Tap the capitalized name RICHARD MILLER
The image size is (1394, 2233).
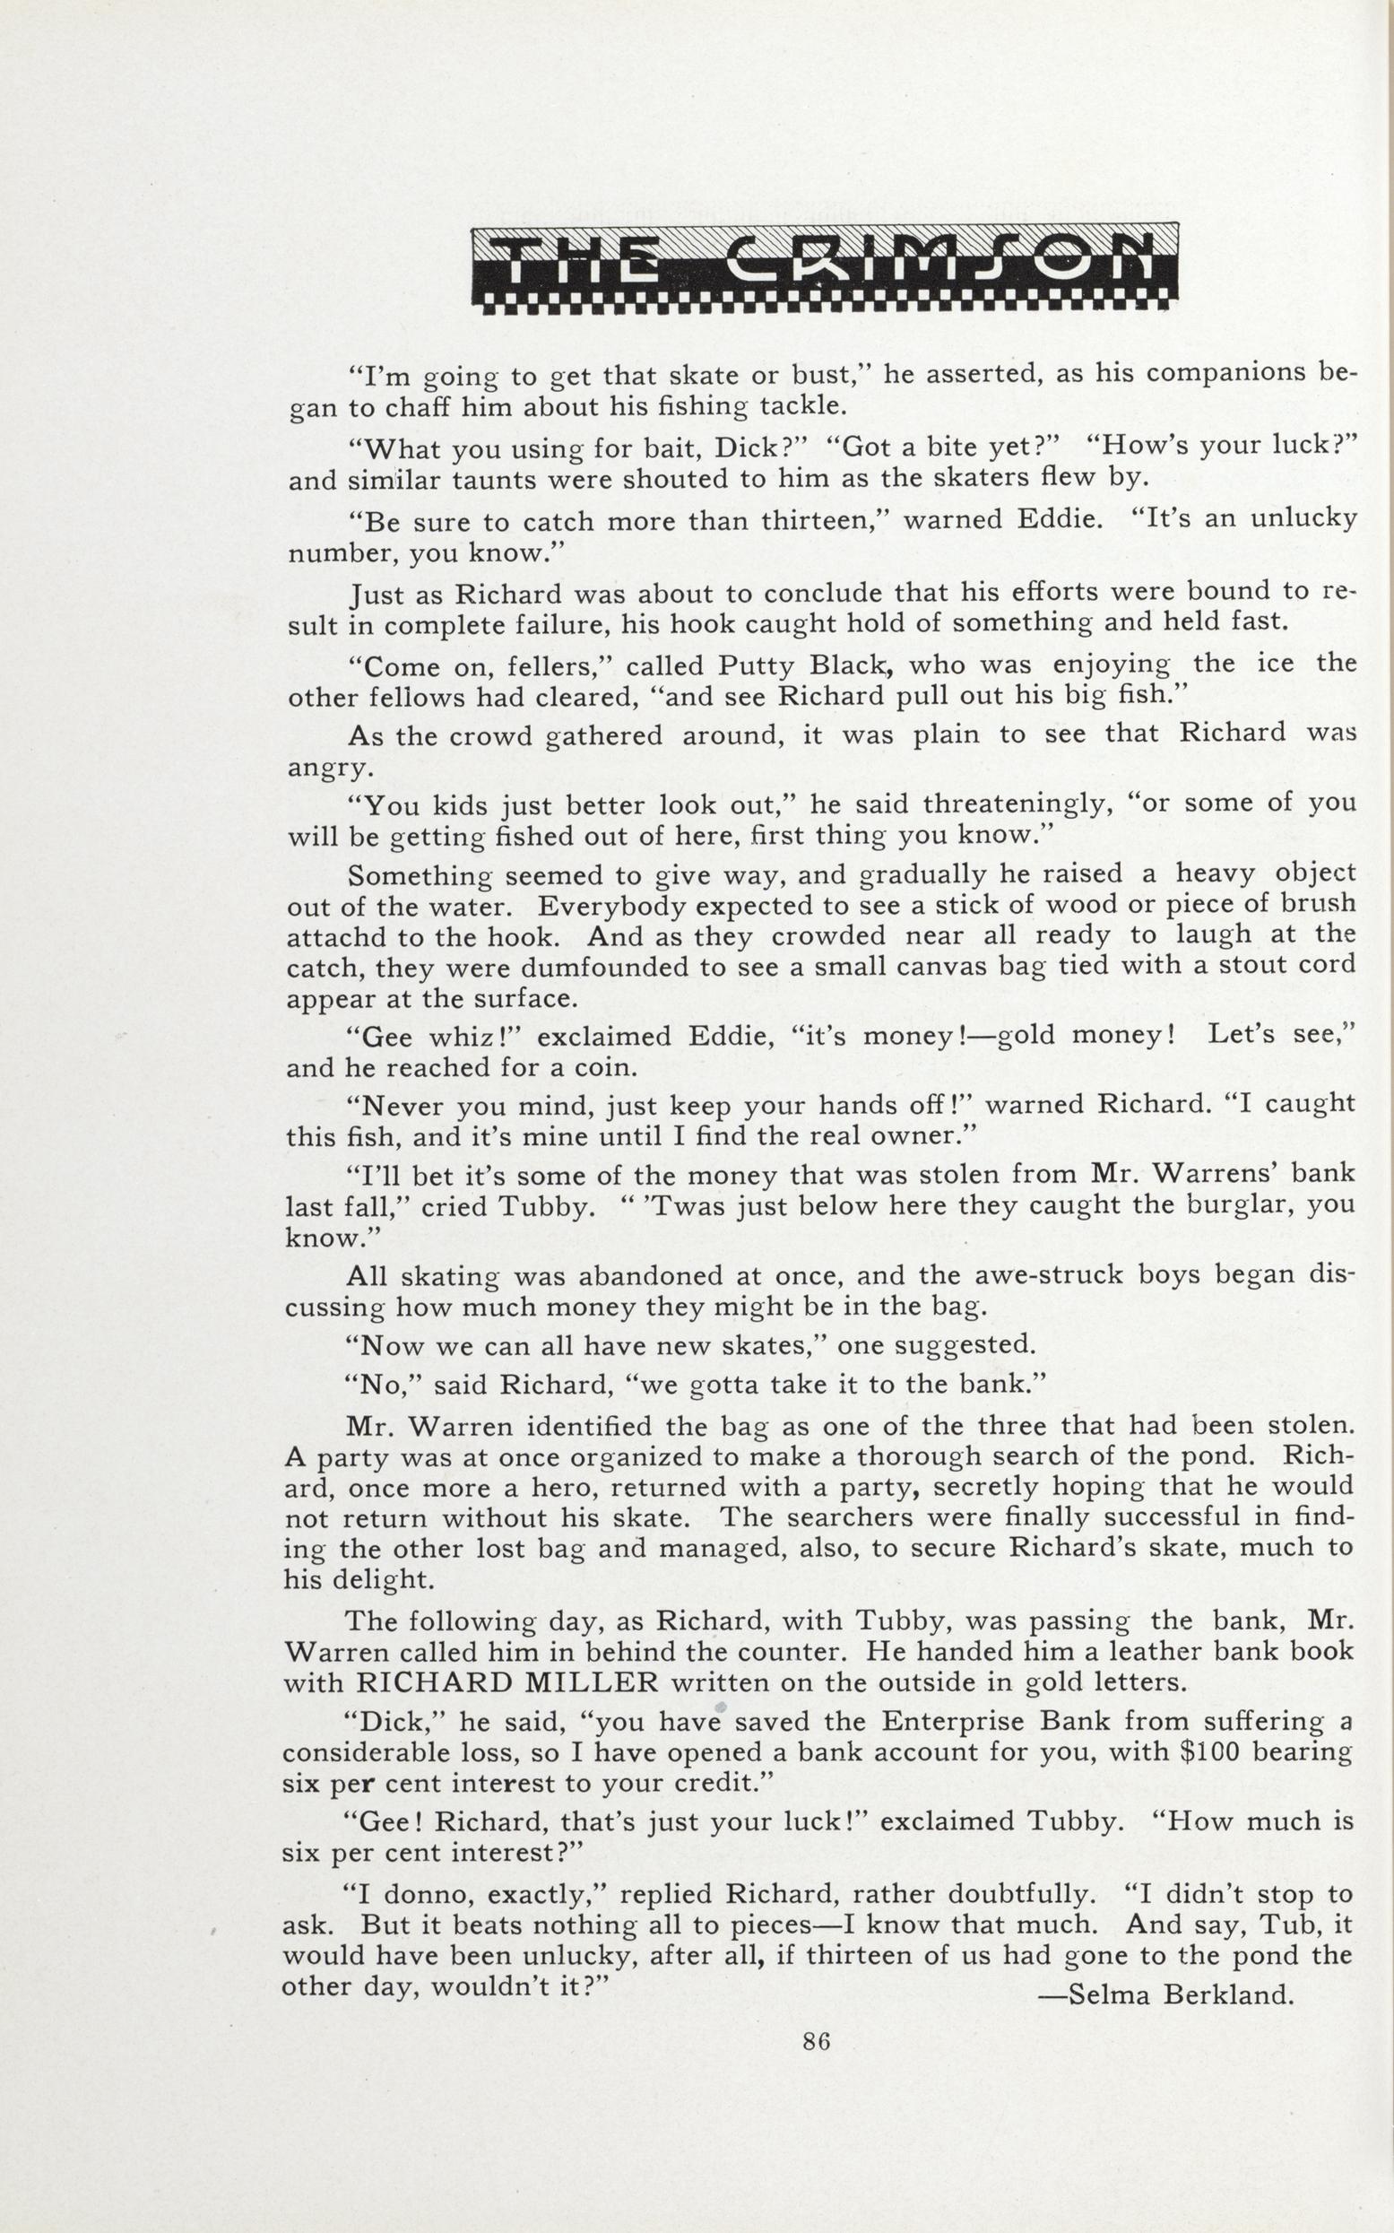[x=507, y=1682]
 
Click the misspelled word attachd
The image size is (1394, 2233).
[x=335, y=936]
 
